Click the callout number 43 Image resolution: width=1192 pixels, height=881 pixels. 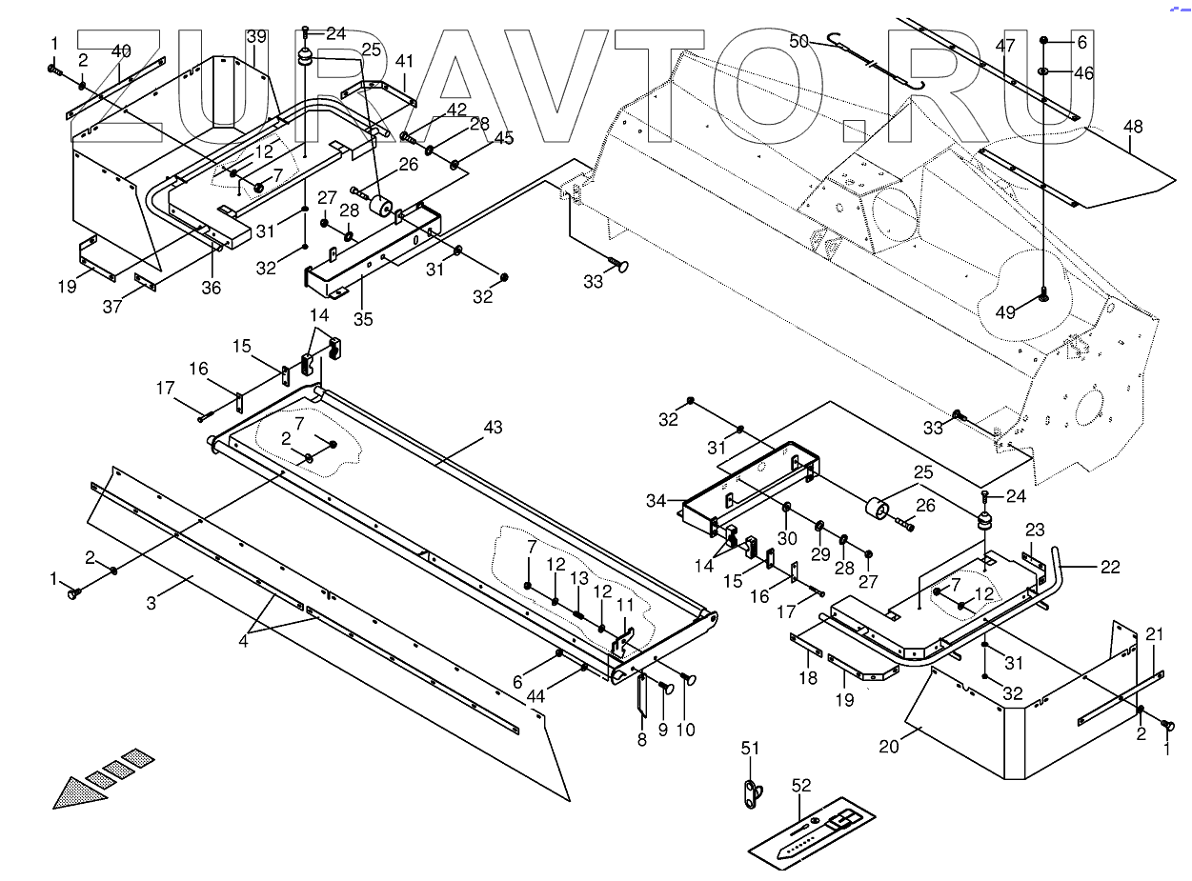point(492,429)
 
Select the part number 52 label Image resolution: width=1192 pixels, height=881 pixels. point(801,786)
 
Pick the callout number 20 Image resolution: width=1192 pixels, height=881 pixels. point(889,747)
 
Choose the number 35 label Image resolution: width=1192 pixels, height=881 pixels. point(363,319)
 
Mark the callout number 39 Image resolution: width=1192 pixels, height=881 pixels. point(256,37)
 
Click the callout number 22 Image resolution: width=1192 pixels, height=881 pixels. point(1109,567)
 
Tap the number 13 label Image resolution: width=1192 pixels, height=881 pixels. point(579,578)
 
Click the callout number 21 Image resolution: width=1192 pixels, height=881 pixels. point(1154,634)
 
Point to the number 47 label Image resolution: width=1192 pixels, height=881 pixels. point(1005,45)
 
